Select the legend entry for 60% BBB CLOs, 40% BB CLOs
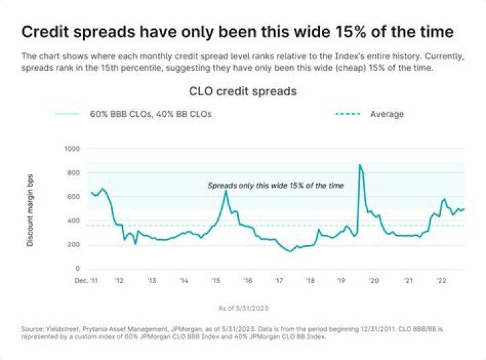tap(151, 114)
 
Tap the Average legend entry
tap(387, 114)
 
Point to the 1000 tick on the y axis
tap(71, 149)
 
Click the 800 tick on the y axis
tap(72, 173)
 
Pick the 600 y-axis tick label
tap(72, 197)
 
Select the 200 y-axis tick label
tap(72, 245)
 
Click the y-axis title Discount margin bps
tap(31, 208)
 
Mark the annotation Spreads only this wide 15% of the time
tap(275, 185)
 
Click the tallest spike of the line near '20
tap(360, 165)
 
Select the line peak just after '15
tap(225, 192)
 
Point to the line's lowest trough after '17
tap(290, 251)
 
